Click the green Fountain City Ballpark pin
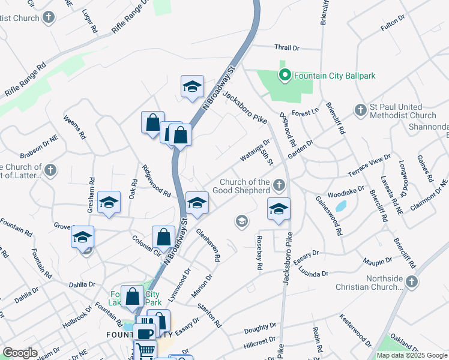coord(285,76)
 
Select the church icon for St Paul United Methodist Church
coord(360,110)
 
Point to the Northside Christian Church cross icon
coord(412,281)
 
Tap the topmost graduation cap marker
coord(193,86)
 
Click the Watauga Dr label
coord(255,151)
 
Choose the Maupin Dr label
coord(377,260)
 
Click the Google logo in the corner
coord(20,353)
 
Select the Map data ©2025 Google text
coord(411,355)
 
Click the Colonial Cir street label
coord(146,246)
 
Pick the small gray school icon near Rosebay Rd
coord(242,222)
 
